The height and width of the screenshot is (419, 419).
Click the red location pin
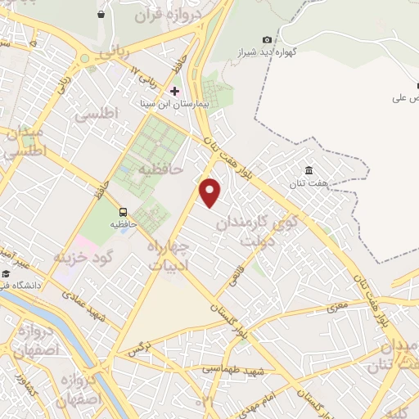(211, 193)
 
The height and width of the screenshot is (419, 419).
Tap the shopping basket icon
(101, 14)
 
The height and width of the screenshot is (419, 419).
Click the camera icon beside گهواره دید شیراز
(267, 39)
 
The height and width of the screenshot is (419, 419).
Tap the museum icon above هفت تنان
(309, 170)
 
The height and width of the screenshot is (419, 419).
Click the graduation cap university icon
(7, 273)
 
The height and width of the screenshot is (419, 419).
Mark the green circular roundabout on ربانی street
(85, 59)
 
